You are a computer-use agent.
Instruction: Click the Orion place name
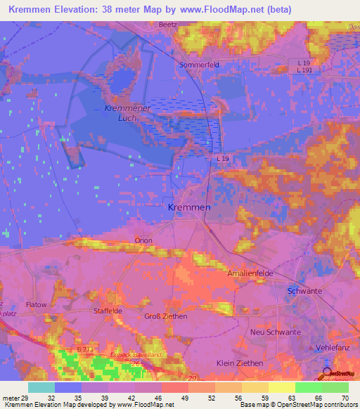[x=143, y=240]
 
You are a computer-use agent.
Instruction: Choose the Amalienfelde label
[x=250, y=272]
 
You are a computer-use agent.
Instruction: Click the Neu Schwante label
[x=276, y=332]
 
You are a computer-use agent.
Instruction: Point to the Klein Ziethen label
[x=240, y=363]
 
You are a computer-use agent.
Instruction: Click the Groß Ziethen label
[x=165, y=316]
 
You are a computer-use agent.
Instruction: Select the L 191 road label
[x=304, y=70]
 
